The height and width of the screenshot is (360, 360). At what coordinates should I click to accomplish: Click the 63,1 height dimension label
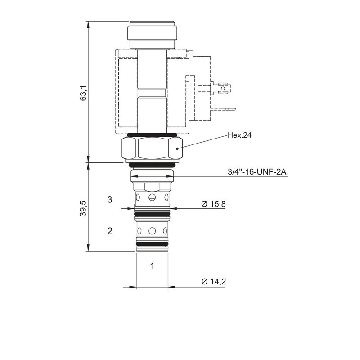tap(83, 93)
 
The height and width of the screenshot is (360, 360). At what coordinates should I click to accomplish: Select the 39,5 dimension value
tap(83, 208)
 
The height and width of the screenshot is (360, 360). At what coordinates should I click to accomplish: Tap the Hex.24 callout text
tap(239, 135)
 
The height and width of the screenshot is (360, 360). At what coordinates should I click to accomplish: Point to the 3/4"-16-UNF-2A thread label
tap(257, 172)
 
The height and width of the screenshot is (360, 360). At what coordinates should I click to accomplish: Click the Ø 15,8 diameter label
tap(213, 204)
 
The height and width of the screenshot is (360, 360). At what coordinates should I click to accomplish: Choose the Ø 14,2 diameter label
tap(214, 282)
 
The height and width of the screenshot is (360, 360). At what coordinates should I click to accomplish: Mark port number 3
tap(110, 199)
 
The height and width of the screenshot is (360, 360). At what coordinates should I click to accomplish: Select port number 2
tap(110, 231)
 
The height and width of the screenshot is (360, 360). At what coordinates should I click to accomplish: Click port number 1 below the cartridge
tap(152, 266)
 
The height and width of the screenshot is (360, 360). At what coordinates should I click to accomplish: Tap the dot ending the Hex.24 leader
tap(177, 148)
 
